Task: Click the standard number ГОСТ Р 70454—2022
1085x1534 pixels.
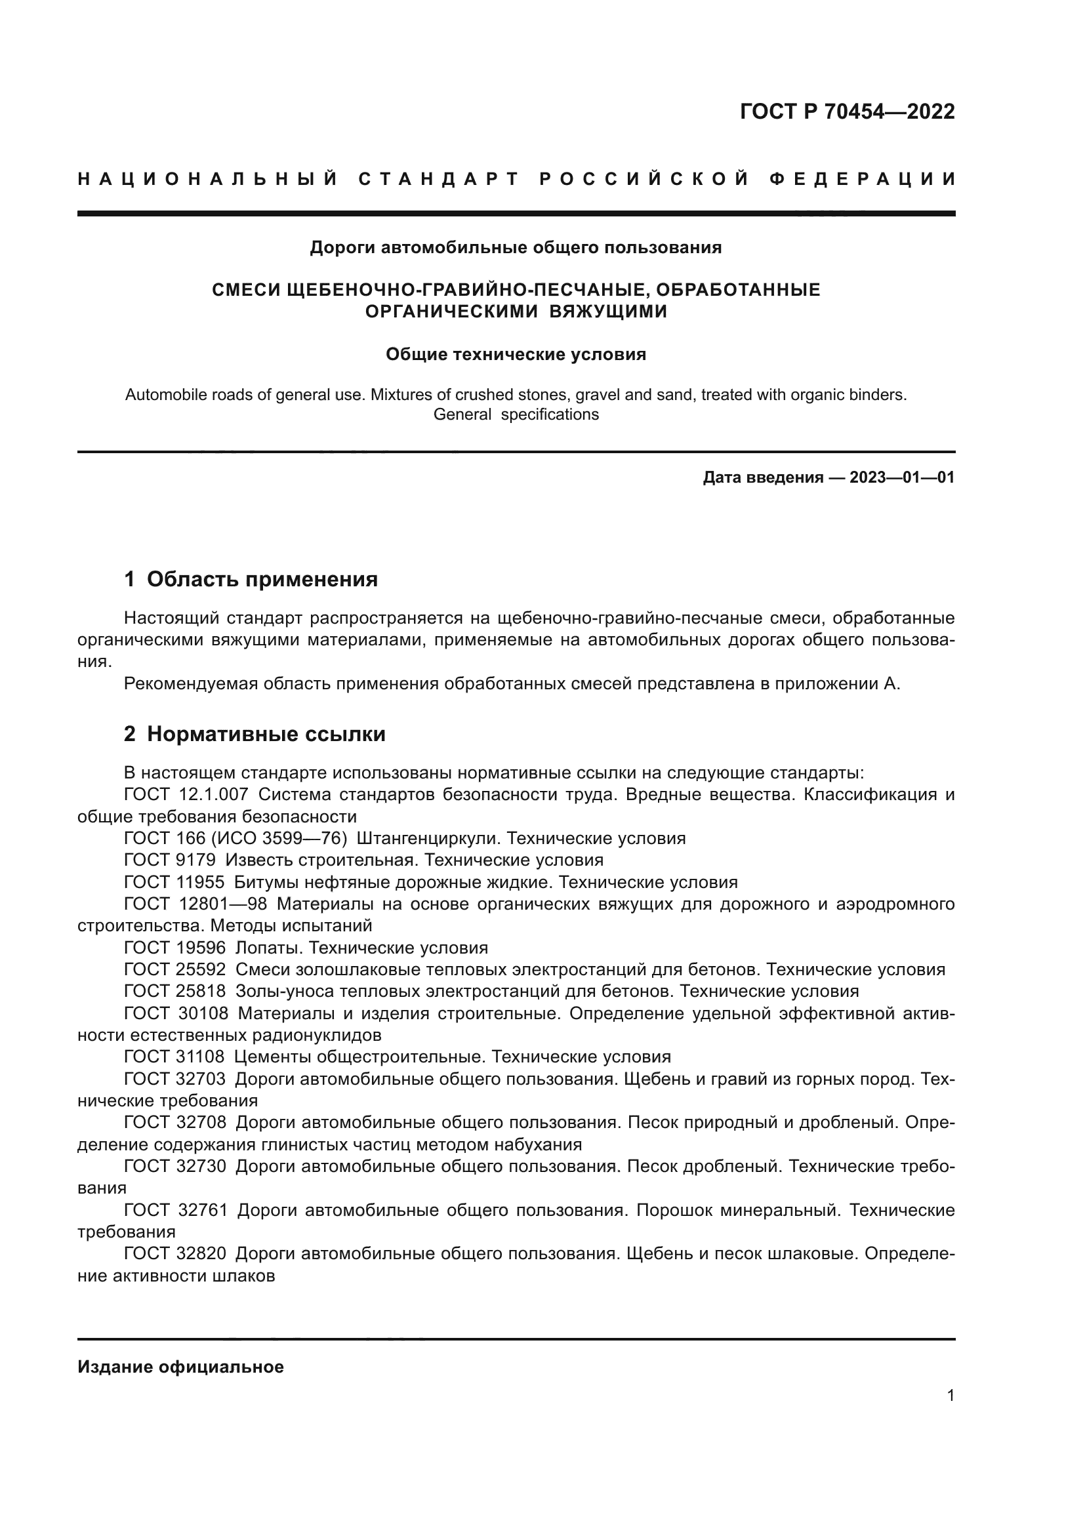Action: click(847, 111)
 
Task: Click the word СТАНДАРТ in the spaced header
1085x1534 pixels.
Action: click(439, 179)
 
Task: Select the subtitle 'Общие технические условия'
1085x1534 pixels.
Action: click(516, 354)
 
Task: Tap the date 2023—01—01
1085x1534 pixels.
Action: click(902, 477)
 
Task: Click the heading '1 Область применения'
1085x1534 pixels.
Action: click(251, 578)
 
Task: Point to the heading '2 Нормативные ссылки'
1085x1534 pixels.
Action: click(255, 734)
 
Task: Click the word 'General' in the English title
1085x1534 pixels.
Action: click(462, 414)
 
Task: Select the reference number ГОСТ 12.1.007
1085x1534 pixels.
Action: click(186, 795)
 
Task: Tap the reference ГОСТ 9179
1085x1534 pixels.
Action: click(170, 860)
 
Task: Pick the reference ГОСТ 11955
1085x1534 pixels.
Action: click(174, 882)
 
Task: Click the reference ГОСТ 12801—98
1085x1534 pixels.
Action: click(195, 904)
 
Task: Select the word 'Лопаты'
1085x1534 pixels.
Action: click(266, 948)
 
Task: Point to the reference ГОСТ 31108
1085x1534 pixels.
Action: click(174, 1057)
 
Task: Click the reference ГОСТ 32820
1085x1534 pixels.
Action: click(175, 1253)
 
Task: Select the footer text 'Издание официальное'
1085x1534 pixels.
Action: click(180, 1367)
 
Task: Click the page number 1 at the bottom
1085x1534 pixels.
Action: click(951, 1395)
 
